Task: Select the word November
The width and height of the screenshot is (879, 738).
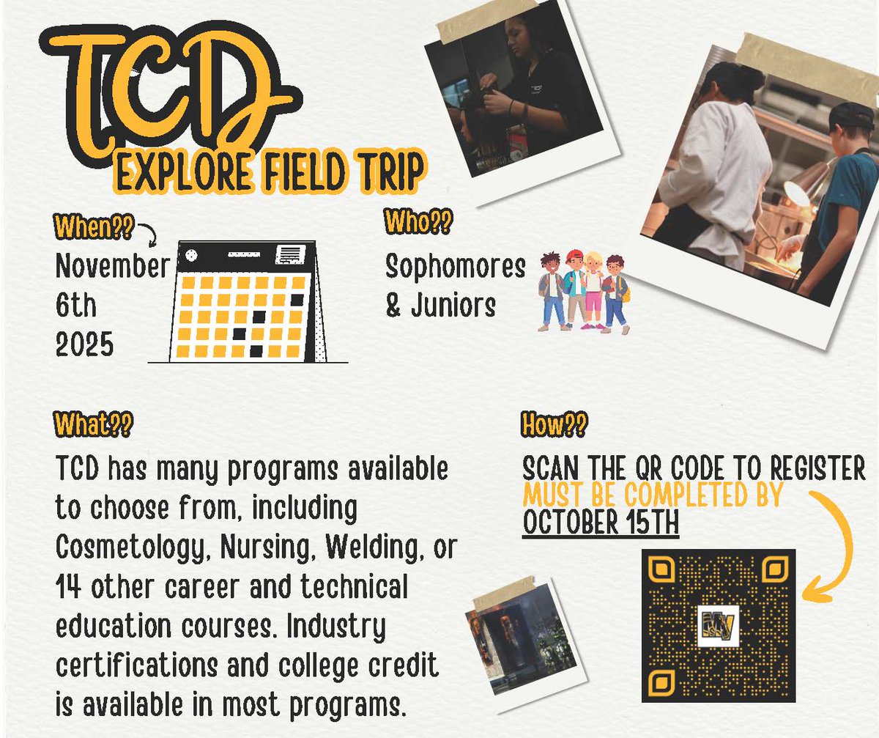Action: coord(112,267)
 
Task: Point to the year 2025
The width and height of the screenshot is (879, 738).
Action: coord(85,343)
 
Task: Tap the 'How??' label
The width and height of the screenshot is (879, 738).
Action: coord(554,426)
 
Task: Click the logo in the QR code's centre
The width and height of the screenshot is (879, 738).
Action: coord(718,626)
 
